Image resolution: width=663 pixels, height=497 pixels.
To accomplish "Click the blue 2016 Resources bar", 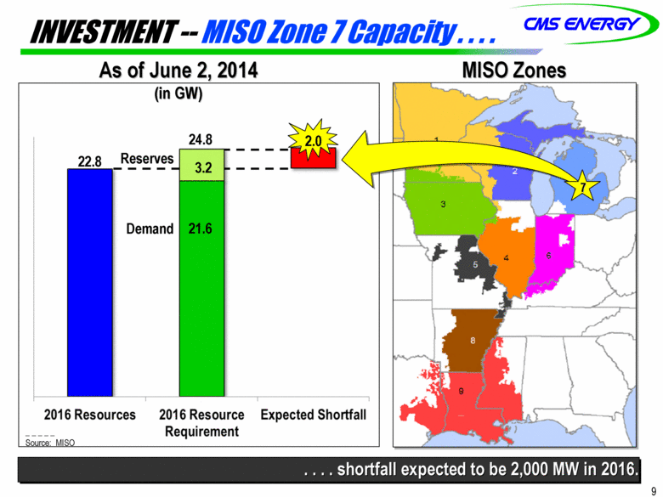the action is [90, 283].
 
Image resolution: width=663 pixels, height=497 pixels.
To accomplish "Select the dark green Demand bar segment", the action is [201, 289].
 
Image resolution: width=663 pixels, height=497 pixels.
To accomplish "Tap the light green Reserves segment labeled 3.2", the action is [201, 166].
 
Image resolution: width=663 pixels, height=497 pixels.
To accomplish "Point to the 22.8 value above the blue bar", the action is [89, 161].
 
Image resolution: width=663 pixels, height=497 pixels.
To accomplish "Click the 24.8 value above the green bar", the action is [201, 139].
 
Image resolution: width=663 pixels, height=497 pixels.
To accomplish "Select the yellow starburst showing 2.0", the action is [313, 139].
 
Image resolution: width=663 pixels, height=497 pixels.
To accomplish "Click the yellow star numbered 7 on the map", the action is [583, 186].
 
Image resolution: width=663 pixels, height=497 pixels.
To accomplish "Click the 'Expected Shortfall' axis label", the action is [314, 415].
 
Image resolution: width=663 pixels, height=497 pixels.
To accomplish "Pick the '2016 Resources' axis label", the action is [90, 415].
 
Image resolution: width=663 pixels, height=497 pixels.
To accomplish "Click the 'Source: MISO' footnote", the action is [50, 443].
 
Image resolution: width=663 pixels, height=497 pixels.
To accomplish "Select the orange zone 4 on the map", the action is [507, 256].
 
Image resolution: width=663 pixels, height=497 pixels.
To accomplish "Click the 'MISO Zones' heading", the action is [514, 71].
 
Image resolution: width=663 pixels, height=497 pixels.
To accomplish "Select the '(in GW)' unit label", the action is [178, 93].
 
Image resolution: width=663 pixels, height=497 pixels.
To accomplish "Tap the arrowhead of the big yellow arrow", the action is [357, 160].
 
